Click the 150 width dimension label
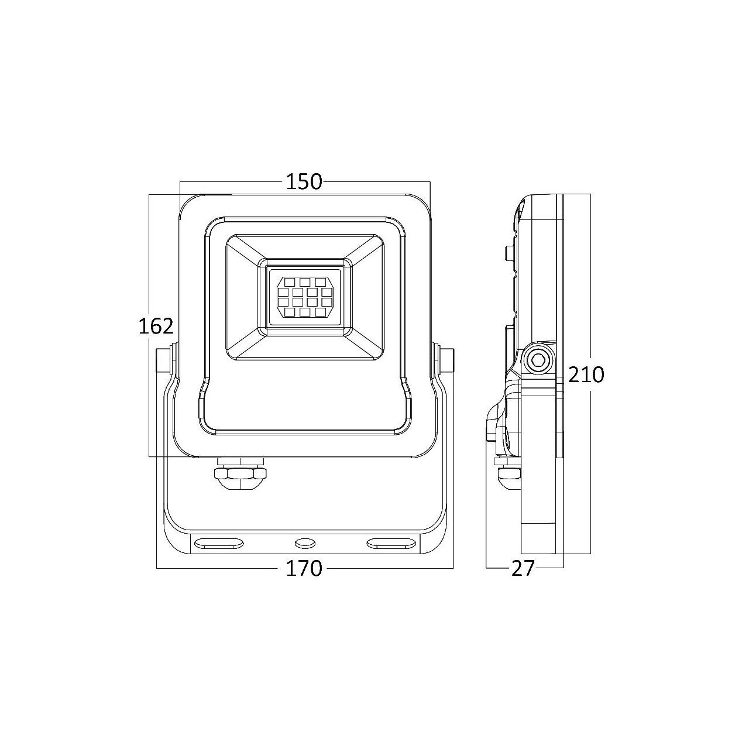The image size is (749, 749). pos(304,181)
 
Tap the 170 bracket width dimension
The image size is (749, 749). pos(304,568)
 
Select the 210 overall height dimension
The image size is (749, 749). pos(586,374)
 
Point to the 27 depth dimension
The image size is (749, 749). pos(523,569)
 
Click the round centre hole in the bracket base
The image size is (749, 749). pos(304,543)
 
